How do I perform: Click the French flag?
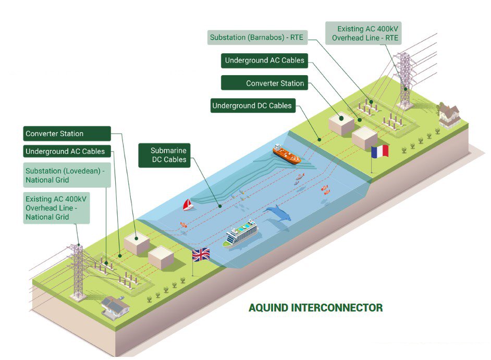pyautogui.click(x=380, y=152)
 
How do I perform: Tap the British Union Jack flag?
pyautogui.click(x=201, y=255)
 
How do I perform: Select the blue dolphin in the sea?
pyautogui.click(x=279, y=214)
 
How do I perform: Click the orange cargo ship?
pyautogui.click(x=286, y=154)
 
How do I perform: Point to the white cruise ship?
pyautogui.click(x=241, y=234)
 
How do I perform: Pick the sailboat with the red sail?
pyautogui.click(x=188, y=205)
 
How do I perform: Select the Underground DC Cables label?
pyautogui.click(x=252, y=105)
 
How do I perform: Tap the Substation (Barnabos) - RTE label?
pyautogui.click(x=256, y=38)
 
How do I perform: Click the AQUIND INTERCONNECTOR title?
pyautogui.click(x=315, y=308)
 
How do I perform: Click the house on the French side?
pyautogui.click(x=449, y=115)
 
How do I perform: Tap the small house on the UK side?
pyautogui.click(x=115, y=308)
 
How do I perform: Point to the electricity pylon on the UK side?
pyautogui.click(x=78, y=271)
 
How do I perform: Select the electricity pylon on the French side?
pyautogui.click(x=405, y=81)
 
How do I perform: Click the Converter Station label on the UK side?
pyautogui.click(x=67, y=134)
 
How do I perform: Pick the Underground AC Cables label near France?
pyautogui.click(x=264, y=61)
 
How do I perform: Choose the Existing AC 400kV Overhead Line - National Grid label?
pyautogui.click(x=56, y=208)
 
